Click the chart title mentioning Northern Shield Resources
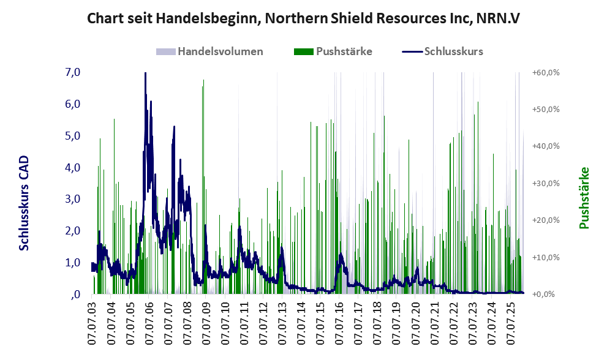click(x=303, y=18)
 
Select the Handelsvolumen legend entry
click(x=220, y=51)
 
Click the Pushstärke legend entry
click(x=344, y=51)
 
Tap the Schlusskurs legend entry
click(x=453, y=51)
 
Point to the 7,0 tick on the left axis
click(x=72, y=72)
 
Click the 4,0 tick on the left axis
click(x=72, y=167)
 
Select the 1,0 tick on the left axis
click(x=72, y=263)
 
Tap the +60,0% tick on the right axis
click(x=546, y=72)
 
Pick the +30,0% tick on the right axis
click(x=546, y=183)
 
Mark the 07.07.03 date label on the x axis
click(x=92, y=322)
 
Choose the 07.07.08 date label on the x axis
click(x=187, y=322)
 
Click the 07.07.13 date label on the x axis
click(x=283, y=322)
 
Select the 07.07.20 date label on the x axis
click(x=417, y=322)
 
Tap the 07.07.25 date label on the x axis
click(x=512, y=322)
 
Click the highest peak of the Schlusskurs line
click(x=145, y=74)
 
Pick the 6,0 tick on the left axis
click(x=72, y=104)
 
